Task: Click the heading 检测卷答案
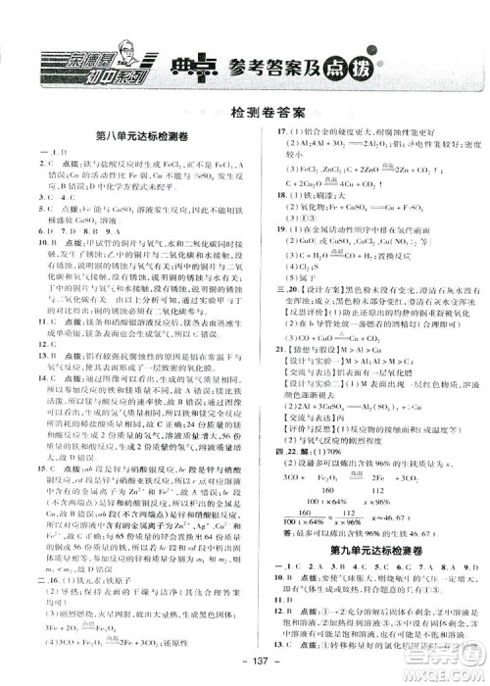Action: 245,114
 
